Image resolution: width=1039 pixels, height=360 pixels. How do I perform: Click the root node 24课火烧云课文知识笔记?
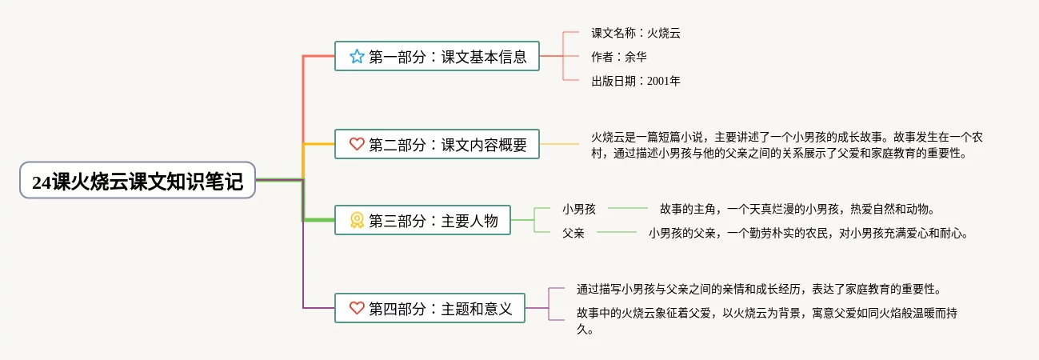[137, 181]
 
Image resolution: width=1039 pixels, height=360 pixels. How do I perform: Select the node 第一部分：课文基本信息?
[436, 57]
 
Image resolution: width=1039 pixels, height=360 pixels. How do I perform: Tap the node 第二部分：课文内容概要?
[436, 145]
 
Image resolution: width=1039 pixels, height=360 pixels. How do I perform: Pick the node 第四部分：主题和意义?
[430, 308]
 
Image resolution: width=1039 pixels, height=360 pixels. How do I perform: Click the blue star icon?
[357, 57]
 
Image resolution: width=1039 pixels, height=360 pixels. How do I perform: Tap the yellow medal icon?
[357, 221]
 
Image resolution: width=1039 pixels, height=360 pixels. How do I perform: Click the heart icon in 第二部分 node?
[357, 145]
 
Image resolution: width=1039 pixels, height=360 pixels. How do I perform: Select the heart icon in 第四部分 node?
[357, 308]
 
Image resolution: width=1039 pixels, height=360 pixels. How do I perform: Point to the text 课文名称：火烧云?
[636, 33]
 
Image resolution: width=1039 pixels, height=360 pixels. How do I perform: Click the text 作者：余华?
[619, 57]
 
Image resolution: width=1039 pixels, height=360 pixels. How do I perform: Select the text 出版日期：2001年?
[636, 81]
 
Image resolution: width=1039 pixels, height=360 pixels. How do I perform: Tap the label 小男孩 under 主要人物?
[579, 210]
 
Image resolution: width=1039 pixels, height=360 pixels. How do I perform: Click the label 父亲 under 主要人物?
[573, 234]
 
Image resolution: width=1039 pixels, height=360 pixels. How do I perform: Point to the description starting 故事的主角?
[797, 210]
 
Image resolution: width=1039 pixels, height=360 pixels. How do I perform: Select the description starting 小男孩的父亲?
[808, 234]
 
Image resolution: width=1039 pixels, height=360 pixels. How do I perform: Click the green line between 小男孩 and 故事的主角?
[628, 209]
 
